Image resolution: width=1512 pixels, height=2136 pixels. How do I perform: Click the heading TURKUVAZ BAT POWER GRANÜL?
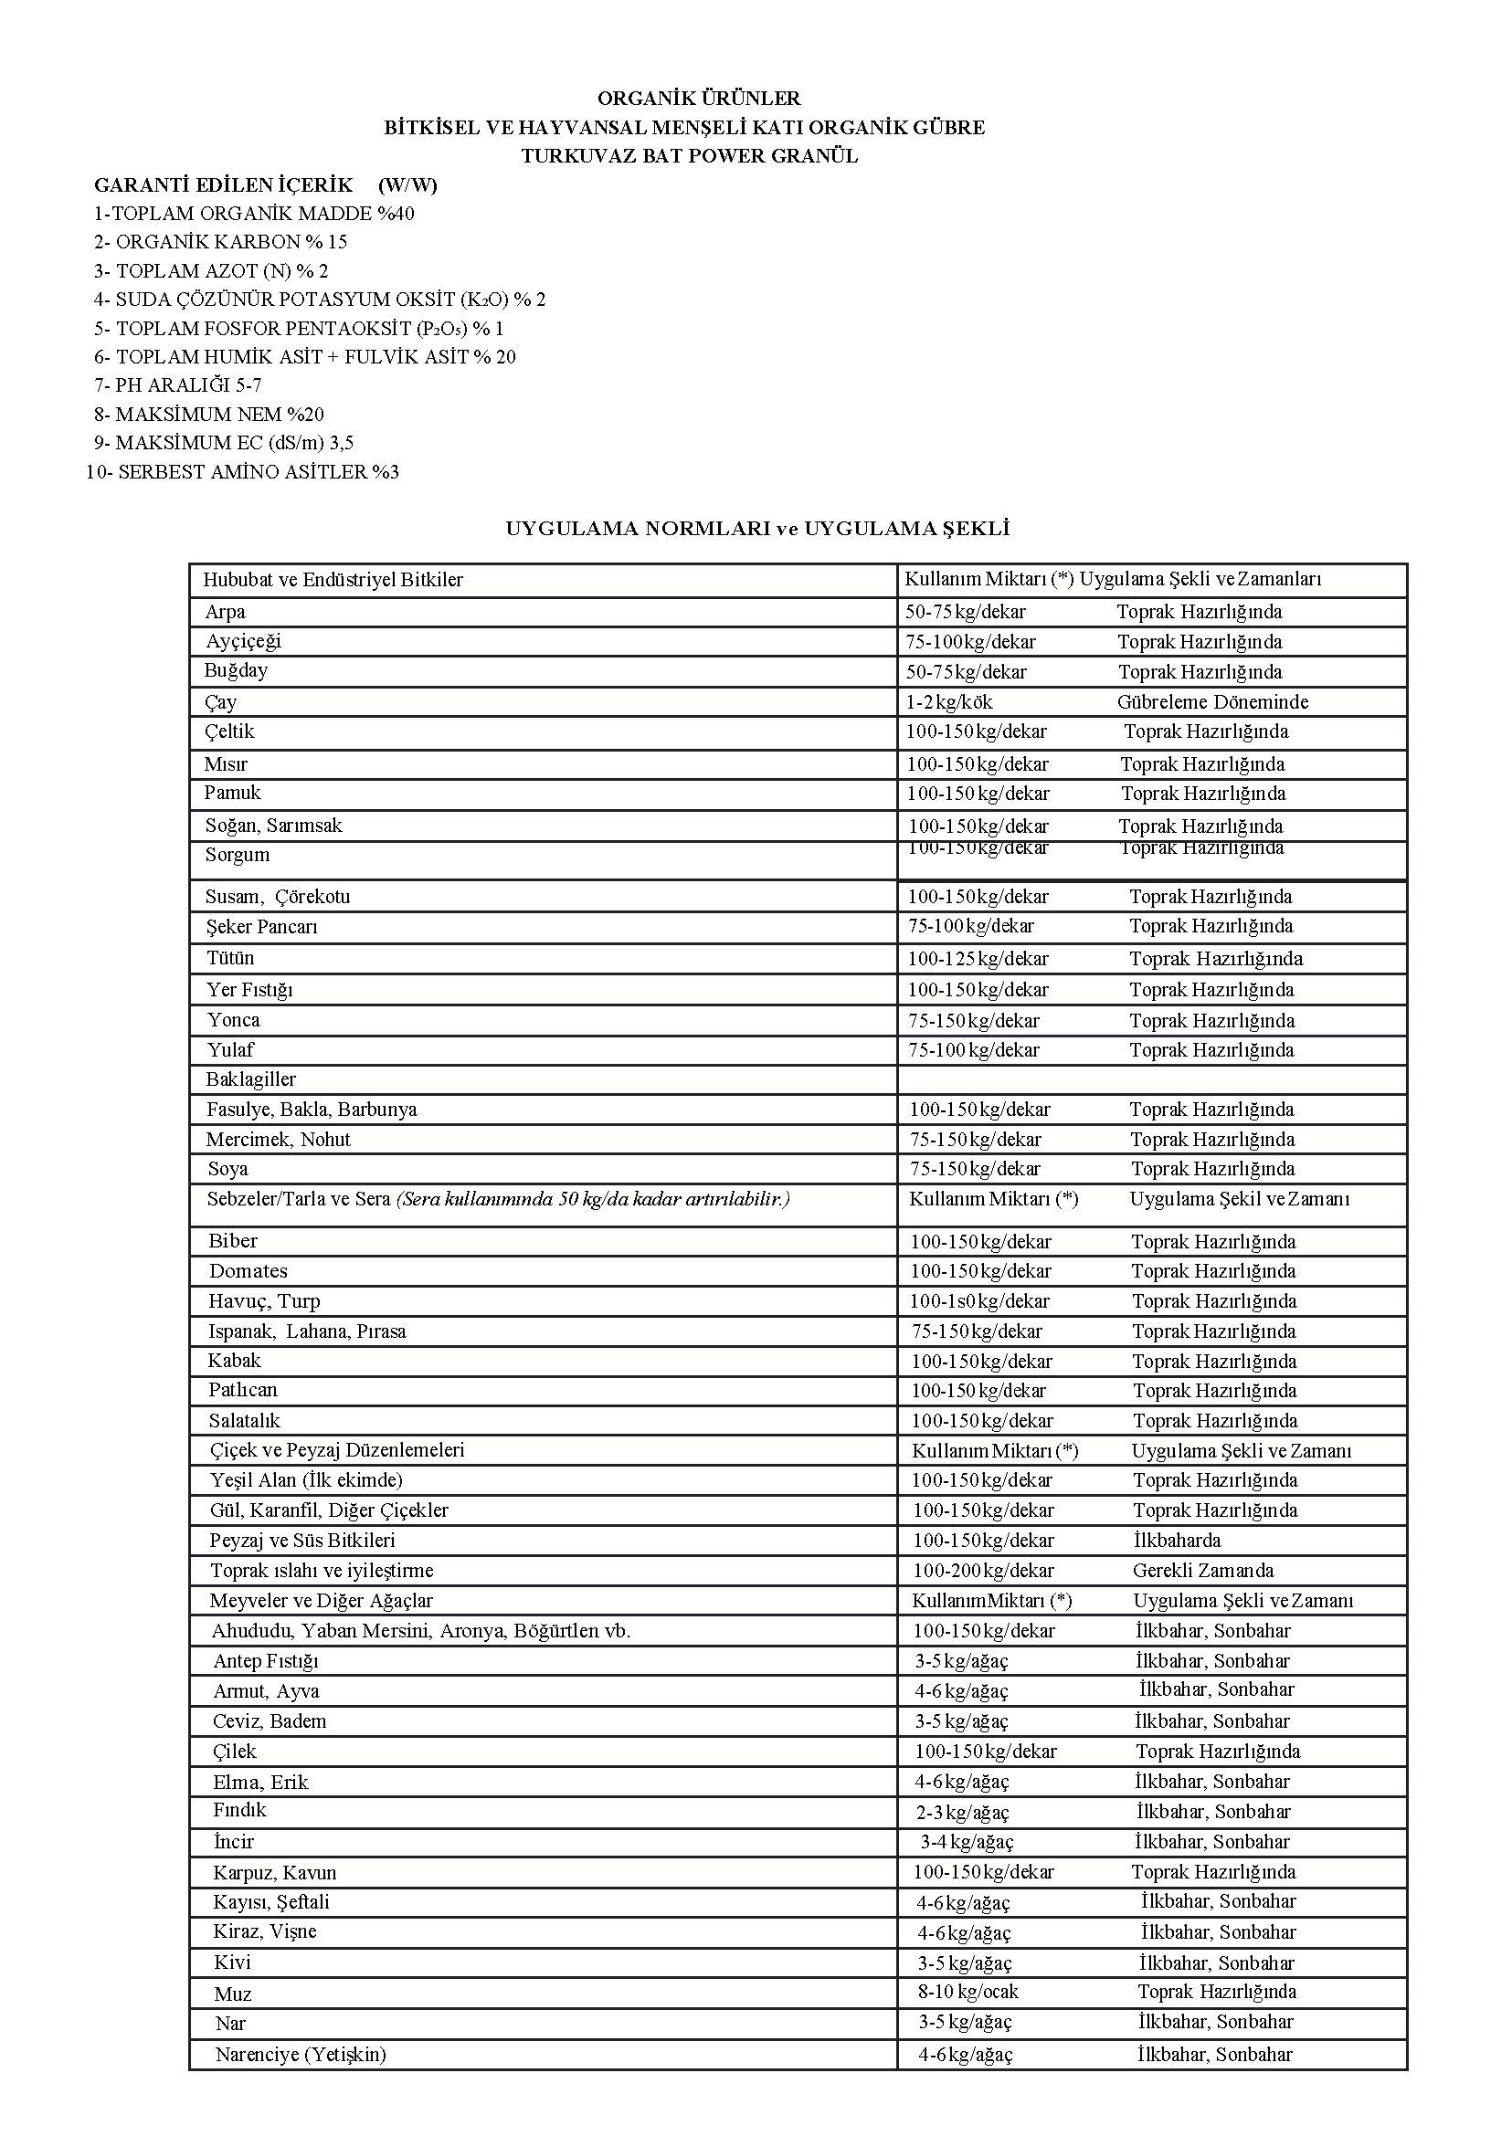pyautogui.click(x=689, y=156)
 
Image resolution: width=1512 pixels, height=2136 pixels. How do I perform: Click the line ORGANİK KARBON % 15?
pyautogui.click(x=220, y=242)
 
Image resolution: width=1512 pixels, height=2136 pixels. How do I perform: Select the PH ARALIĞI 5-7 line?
pyautogui.click(x=178, y=385)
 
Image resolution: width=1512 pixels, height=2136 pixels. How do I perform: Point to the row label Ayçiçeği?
pyautogui.click(x=243, y=641)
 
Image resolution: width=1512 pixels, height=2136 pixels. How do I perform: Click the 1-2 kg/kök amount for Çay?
pyautogui.click(x=948, y=701)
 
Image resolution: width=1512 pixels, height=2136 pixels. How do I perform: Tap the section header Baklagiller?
pyautogui.click(x=250, y=1079)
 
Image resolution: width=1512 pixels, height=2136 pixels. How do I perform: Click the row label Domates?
pyautogui.click(x=248, y=1271)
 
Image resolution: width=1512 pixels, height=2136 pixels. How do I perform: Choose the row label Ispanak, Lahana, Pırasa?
pyautogui.click(x=307, y=1331)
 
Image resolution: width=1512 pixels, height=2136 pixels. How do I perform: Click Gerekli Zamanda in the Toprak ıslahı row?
pyautogui.click(x=1203, y=1571)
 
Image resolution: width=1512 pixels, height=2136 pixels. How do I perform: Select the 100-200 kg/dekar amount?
pyautogui.click(x=983, y=1571)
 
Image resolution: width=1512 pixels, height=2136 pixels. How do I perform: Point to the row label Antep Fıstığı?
pyautogui.click(x=265, y=1661)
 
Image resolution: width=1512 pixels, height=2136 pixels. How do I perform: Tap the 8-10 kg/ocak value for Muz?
pyautogui.click(x=968, y=1993)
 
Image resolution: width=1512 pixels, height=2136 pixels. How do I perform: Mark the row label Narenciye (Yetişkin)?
pyautogui.click(x=300, y=2054)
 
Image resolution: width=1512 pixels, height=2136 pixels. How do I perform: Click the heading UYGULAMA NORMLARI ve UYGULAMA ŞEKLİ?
pyautogui.click(x=757, y=529)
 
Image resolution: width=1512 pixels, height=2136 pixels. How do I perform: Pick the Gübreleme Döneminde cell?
pyautogui.click(x=1212, y=701)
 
